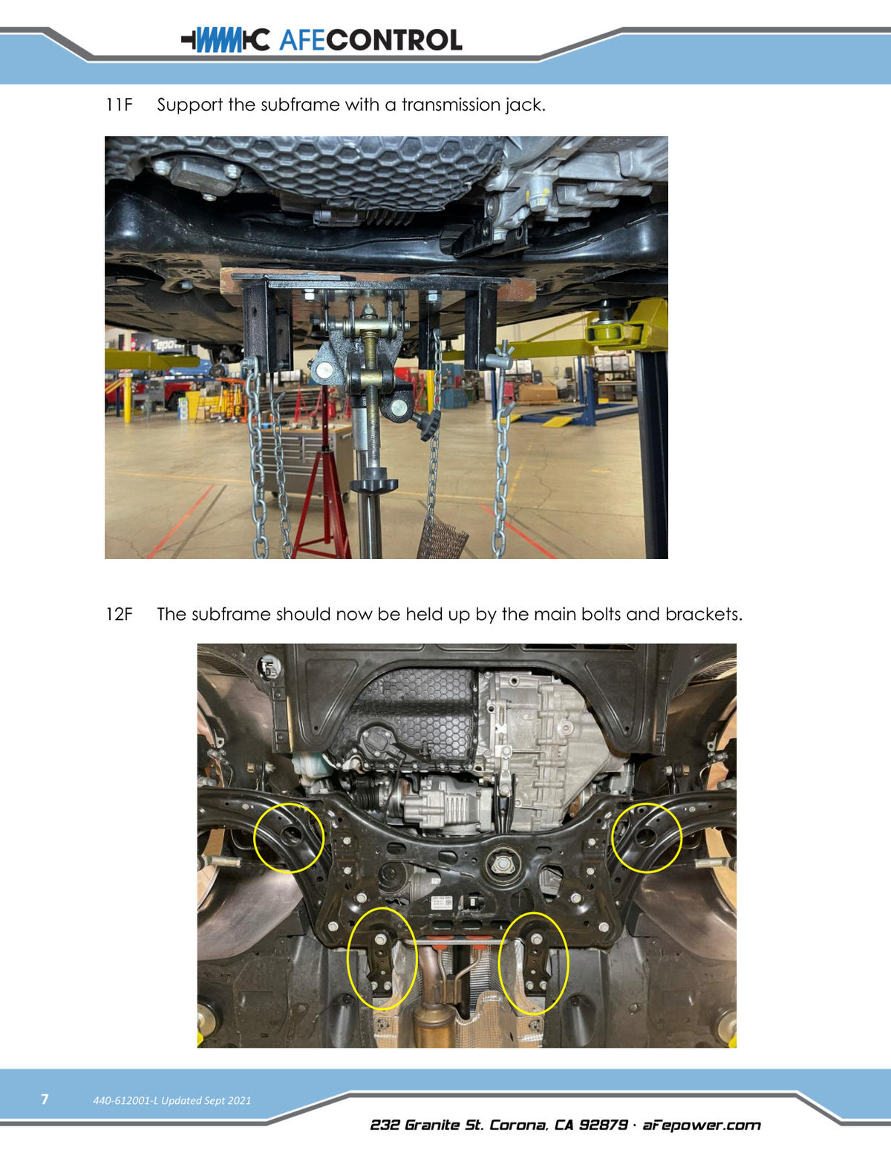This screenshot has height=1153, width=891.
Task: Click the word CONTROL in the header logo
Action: point(393,40)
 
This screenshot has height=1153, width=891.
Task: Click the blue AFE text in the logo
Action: point(301,40)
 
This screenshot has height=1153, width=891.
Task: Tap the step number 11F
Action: point(119,105)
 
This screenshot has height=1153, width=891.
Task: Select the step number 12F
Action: point(119,614)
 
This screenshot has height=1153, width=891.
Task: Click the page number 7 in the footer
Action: point(45,1099)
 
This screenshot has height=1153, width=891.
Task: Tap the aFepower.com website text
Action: point(702,1125)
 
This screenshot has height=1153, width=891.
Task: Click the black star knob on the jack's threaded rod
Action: point(373,483)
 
